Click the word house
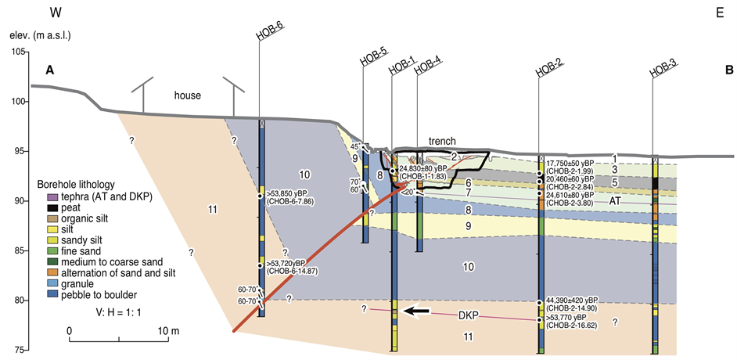point(187,95)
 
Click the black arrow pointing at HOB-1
point(416,311)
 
